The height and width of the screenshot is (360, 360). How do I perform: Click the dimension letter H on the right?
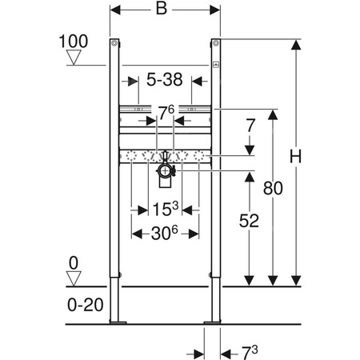tap(296, 158)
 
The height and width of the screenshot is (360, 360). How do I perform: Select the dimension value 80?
tap(273, 189)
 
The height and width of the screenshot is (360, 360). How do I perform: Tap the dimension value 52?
tap(250, 222)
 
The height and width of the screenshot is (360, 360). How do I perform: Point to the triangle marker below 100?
tap(74, 56)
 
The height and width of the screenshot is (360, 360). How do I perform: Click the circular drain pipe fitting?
tap(165, 170)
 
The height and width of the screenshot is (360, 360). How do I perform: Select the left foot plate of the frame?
tap(118, 322)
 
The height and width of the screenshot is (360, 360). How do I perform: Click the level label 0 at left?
tap(74, 261)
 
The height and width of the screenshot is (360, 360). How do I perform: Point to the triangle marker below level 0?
tap(74, 278)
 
